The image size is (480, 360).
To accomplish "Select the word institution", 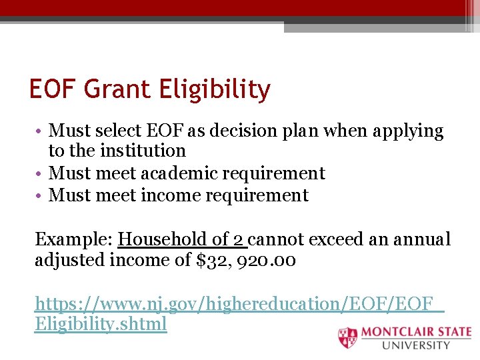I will pos(143,151).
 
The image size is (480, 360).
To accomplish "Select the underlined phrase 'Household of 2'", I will pos(182,239).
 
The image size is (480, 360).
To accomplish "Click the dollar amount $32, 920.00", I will pos(247,260).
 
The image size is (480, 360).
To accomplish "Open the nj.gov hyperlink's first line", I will pos(239,303).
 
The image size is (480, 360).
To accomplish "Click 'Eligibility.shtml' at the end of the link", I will pos(100,325).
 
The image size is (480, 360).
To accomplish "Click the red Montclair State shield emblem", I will pos(347,337).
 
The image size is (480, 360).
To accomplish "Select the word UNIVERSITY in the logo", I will pos(416,345).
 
